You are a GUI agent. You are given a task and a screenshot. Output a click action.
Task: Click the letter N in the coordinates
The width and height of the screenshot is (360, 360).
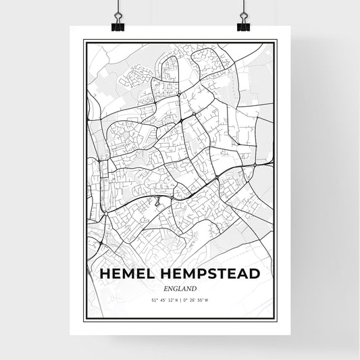176,300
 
